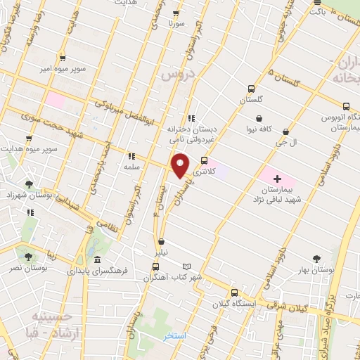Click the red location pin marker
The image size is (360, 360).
pyautogui.click(x=181, y=165)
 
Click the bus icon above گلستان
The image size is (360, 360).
pyautogui.click(x=251, y=89)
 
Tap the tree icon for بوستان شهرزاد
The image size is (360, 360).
pyautogui.click(x=27, y=184)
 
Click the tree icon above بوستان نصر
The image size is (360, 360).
pyautogui.click(x=28, y=257)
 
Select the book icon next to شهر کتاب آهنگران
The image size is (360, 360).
pyautogui.click(x=186, y=266)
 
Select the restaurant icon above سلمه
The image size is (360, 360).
pyautogui.click(x=131, y=156)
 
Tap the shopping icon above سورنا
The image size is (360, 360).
pyautogui.click(x=176, y=13)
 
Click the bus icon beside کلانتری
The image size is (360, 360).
pyautogui.click(x=204, y=160)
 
